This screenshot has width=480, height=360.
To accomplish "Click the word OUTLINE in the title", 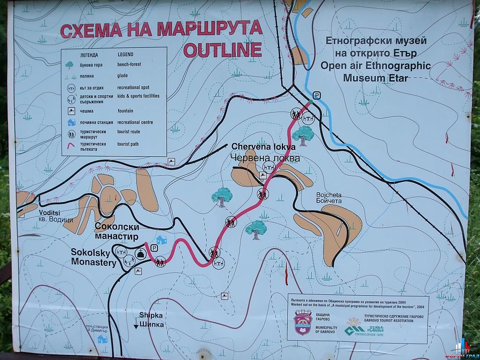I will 222,49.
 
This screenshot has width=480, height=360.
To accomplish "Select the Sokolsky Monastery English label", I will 93,257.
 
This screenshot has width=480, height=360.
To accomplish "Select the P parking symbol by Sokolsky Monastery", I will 154,248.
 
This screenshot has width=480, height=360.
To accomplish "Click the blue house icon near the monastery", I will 162,240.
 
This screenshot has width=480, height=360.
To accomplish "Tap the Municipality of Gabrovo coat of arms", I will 303,324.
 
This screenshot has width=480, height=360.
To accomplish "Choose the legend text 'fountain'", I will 125,111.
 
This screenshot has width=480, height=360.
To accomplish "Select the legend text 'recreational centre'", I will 135,122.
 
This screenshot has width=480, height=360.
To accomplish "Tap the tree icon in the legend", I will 70,64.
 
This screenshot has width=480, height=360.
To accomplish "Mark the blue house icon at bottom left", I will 102,338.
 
